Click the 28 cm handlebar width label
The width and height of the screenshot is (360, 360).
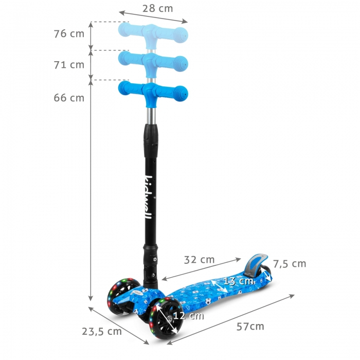[158, 8]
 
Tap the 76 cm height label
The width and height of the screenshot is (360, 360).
[68, 34]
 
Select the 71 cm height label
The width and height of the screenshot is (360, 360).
[68, 65]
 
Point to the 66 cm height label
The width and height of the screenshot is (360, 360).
[68, 98]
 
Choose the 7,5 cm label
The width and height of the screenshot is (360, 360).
[289, 264]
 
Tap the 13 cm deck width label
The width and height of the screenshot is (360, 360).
[238, 281]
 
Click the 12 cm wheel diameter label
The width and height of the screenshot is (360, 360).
[188, 316]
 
